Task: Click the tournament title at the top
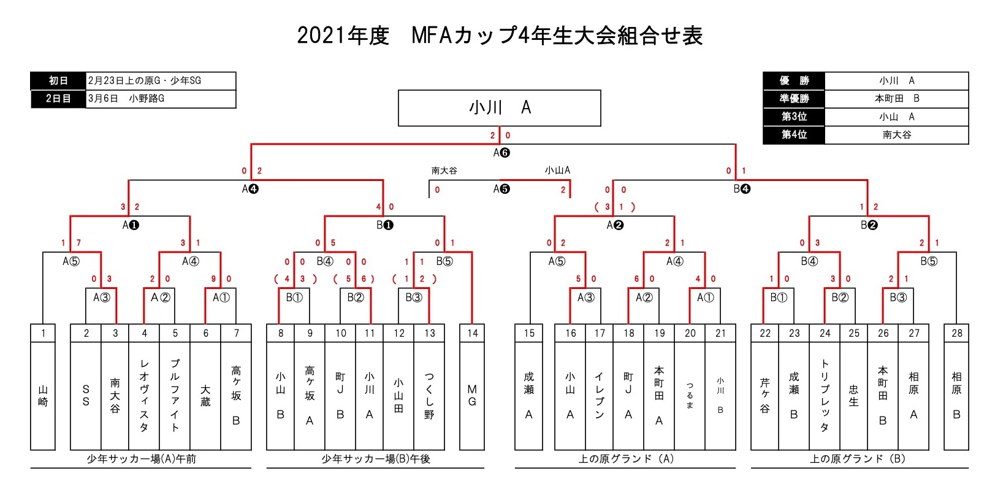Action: pos(500,36)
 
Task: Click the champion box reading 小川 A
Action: pos(499,108)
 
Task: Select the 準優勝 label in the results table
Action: pos(794,98)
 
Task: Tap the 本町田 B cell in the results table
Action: pos(896,98)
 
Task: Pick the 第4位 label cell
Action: pos(794,134)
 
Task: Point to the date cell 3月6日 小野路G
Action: pos(160,98)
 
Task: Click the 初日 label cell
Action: pos(58,80)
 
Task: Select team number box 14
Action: pos(472,333)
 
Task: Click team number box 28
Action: pos(956,333)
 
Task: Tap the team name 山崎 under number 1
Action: pos(43,396)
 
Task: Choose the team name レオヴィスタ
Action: pos(144,396)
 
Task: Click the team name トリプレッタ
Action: pos(825,396)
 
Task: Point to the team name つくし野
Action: pos(429,396)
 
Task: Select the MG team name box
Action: pos(472,396)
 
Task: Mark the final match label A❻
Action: pos(501,153)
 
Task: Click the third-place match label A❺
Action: pos(501,189)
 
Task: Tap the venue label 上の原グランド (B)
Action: pos(858,459)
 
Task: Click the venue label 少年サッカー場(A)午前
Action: pos(141,459)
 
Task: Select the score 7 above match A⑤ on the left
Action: pos(78,243)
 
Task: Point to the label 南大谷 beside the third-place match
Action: pos(444,171)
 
